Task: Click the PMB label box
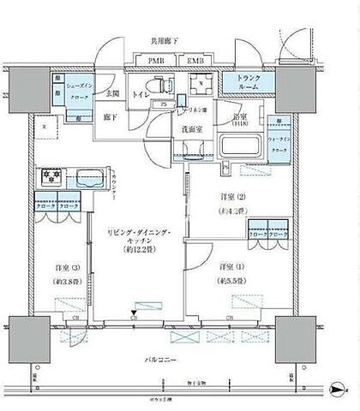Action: (155, 63)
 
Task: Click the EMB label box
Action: (195, 63)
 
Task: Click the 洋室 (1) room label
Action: (229, 266)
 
